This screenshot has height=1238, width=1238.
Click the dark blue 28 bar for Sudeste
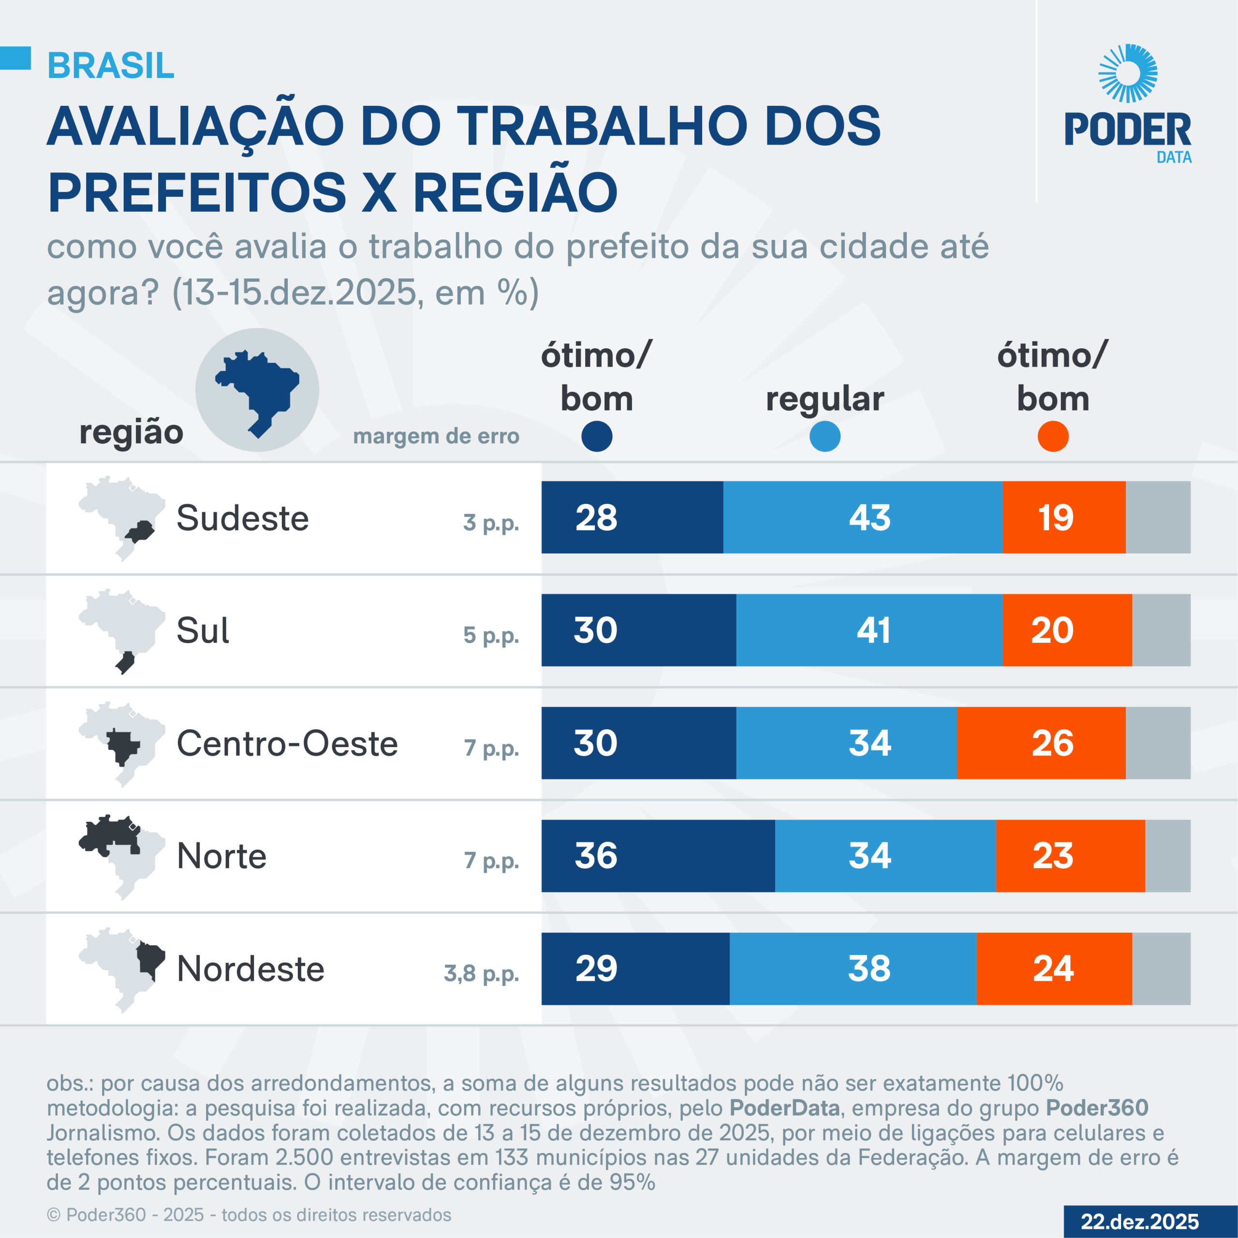coord(632,517)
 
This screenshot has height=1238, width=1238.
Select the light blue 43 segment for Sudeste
coord(863,517)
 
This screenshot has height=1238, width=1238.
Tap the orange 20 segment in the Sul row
coord(1067,630)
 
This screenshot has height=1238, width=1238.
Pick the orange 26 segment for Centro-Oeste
coord(1041,743)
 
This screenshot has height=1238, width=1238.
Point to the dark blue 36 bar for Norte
coord(658,855)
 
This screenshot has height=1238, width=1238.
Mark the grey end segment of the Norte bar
coord(1167,855)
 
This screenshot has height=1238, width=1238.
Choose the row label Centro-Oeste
coord(287,743)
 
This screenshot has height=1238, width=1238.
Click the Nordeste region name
coord(251,968)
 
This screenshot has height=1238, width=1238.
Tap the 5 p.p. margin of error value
coord(491,635)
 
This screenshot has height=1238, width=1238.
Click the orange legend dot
coord(1053,436)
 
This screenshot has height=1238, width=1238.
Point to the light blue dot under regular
coord(825,436)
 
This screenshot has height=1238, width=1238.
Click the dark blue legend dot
coord(597,436)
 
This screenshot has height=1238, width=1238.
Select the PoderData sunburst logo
coord(1128,73)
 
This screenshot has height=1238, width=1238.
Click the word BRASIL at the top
coord(111,65)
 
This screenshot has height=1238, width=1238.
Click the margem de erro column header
coord(436,436)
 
